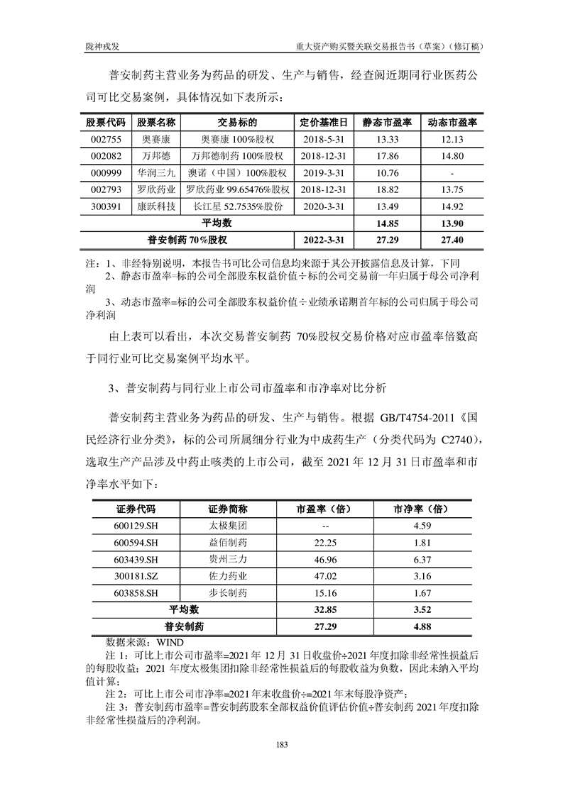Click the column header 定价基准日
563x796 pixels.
click(x=324, y=122)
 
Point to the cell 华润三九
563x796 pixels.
click(x=157, y=173)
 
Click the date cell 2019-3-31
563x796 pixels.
click(x=324, y=173)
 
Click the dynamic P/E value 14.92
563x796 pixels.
click(x=452, y=206)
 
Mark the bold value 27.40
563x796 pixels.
click(x=452, y=240)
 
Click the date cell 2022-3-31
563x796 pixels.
click(x=324, y=240)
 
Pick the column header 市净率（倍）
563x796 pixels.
click(x=422, y=509)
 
